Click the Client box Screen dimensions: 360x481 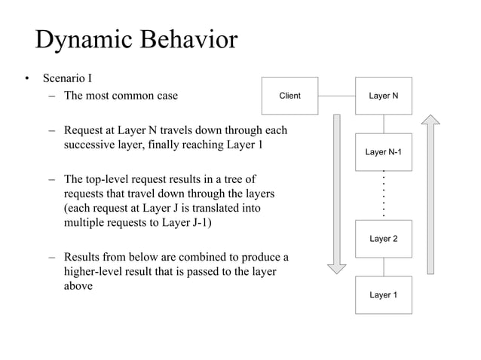pyautogui.click(x=290, y=96)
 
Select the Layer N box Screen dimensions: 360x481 pyautogui.click(x=384, y=96)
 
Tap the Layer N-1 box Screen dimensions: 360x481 pyautogui.click(x=384, y=152)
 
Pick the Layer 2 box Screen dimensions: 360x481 pyautogui.click(x=384, y=239)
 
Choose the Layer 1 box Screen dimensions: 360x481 pyautogui.click(x=384, y=294)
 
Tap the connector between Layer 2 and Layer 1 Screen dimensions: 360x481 pyautogui.click(x=384, y=267)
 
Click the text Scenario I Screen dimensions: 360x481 pyautogui.click(x=67, y=78)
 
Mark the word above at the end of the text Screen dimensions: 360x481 pyautogui.click(x=78, y=286)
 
